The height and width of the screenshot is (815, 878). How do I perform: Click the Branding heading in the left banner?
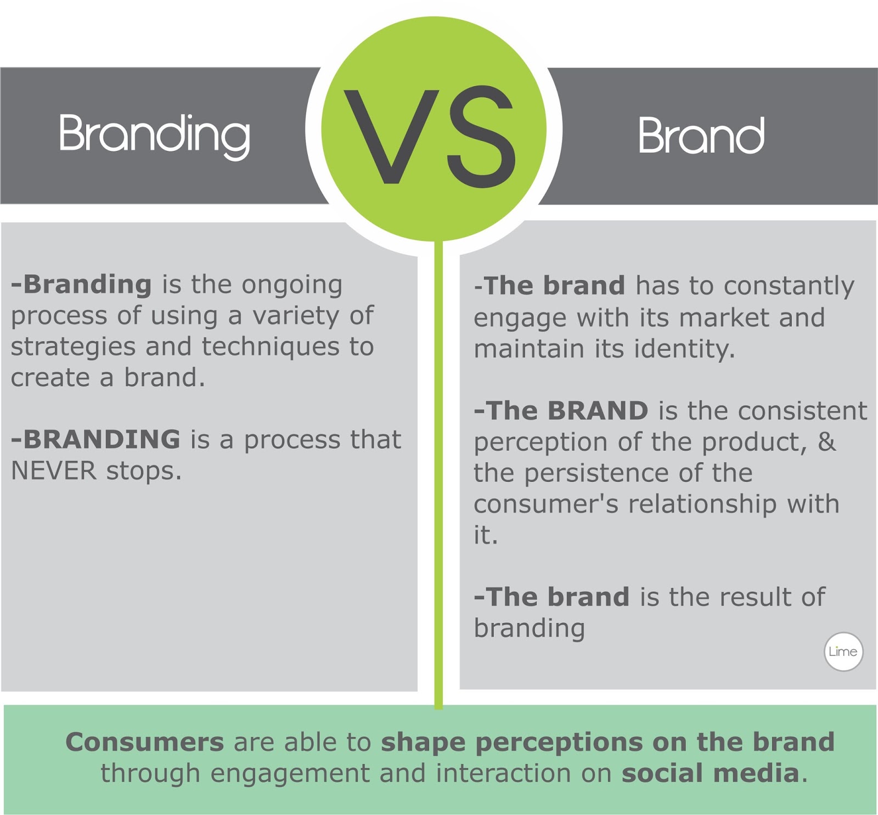(x=154, y=134)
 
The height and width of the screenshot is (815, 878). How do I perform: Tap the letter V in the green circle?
(x=391, y=136)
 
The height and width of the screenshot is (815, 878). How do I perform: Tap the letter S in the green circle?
(x=481, y=136)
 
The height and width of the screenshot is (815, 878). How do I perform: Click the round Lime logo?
(x=843, y=651)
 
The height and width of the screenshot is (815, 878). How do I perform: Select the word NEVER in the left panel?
(x=53, y=471)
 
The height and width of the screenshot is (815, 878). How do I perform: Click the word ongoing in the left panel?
(x=292, y=285)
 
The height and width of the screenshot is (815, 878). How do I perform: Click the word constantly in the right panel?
(x=789, y=286)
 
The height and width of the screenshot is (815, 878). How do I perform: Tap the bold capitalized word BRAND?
(x=598, y=411)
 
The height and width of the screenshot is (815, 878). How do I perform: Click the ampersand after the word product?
(x=826, y=441)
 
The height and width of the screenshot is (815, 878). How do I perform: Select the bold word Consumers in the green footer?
(x=144, y=742)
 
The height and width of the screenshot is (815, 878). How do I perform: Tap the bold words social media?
(x=710, y=773)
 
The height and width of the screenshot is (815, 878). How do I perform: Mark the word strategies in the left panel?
(x=73, y=347)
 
